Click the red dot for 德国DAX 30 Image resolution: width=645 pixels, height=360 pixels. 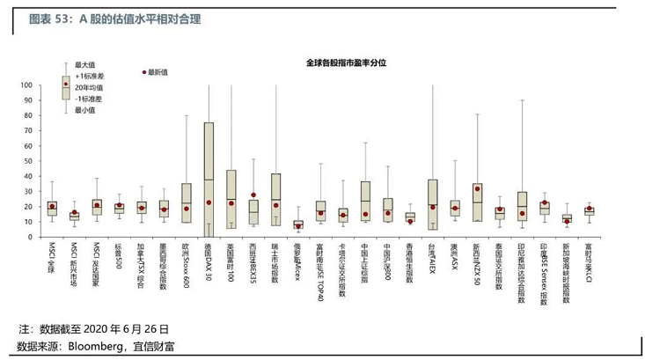pyautogui.click(x=209, y=202)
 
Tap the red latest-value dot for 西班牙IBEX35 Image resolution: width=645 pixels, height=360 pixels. pyautogui.click(x=253, y=195)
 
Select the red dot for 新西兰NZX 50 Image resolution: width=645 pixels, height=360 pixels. pyautogui.click(x=477, y=188)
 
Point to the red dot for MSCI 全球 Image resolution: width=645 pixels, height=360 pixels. pyautogui.click(x=52, y=207)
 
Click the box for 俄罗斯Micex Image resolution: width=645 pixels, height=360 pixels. pyautogui.click(x=298, y=224)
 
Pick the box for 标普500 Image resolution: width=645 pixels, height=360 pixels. pyautogui.click(x=119, y=209)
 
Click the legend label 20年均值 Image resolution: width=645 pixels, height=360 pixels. pyautogui.click(x=88, y=88)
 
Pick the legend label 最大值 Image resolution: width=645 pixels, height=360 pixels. pyautogui.click(x=84, y=65)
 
